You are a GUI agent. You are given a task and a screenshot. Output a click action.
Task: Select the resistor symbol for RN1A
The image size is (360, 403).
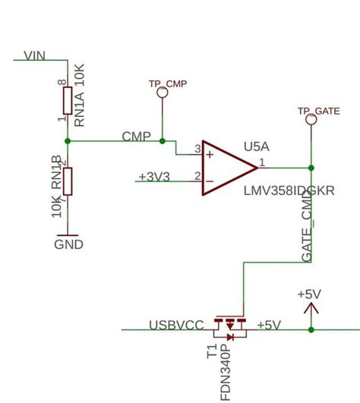tap(68, 99)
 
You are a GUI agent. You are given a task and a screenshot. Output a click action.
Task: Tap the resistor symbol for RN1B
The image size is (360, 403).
tap(68, 181)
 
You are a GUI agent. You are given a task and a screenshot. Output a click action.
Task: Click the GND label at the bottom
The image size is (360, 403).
tap(68, 244)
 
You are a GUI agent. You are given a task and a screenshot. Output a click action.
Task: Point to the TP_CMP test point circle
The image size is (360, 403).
tap(160, 93)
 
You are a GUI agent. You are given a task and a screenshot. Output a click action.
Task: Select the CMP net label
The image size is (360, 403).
tap(136, 136)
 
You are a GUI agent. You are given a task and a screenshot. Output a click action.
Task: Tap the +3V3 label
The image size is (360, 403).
tap(153, 177)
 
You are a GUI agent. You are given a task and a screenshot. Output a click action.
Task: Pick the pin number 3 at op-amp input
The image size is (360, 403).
tap(197, 149)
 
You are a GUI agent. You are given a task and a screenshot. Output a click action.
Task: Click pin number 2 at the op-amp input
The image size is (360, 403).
tap(197, 177)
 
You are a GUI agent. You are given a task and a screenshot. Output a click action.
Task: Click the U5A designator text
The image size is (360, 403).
tap(257, 145)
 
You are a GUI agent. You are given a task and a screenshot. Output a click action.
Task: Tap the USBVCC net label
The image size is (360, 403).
tap(175, 325)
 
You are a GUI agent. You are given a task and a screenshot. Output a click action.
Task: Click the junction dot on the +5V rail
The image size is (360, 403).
tap(311, 329)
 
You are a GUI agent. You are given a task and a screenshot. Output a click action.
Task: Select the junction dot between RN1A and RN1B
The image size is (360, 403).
tap(68, 140)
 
